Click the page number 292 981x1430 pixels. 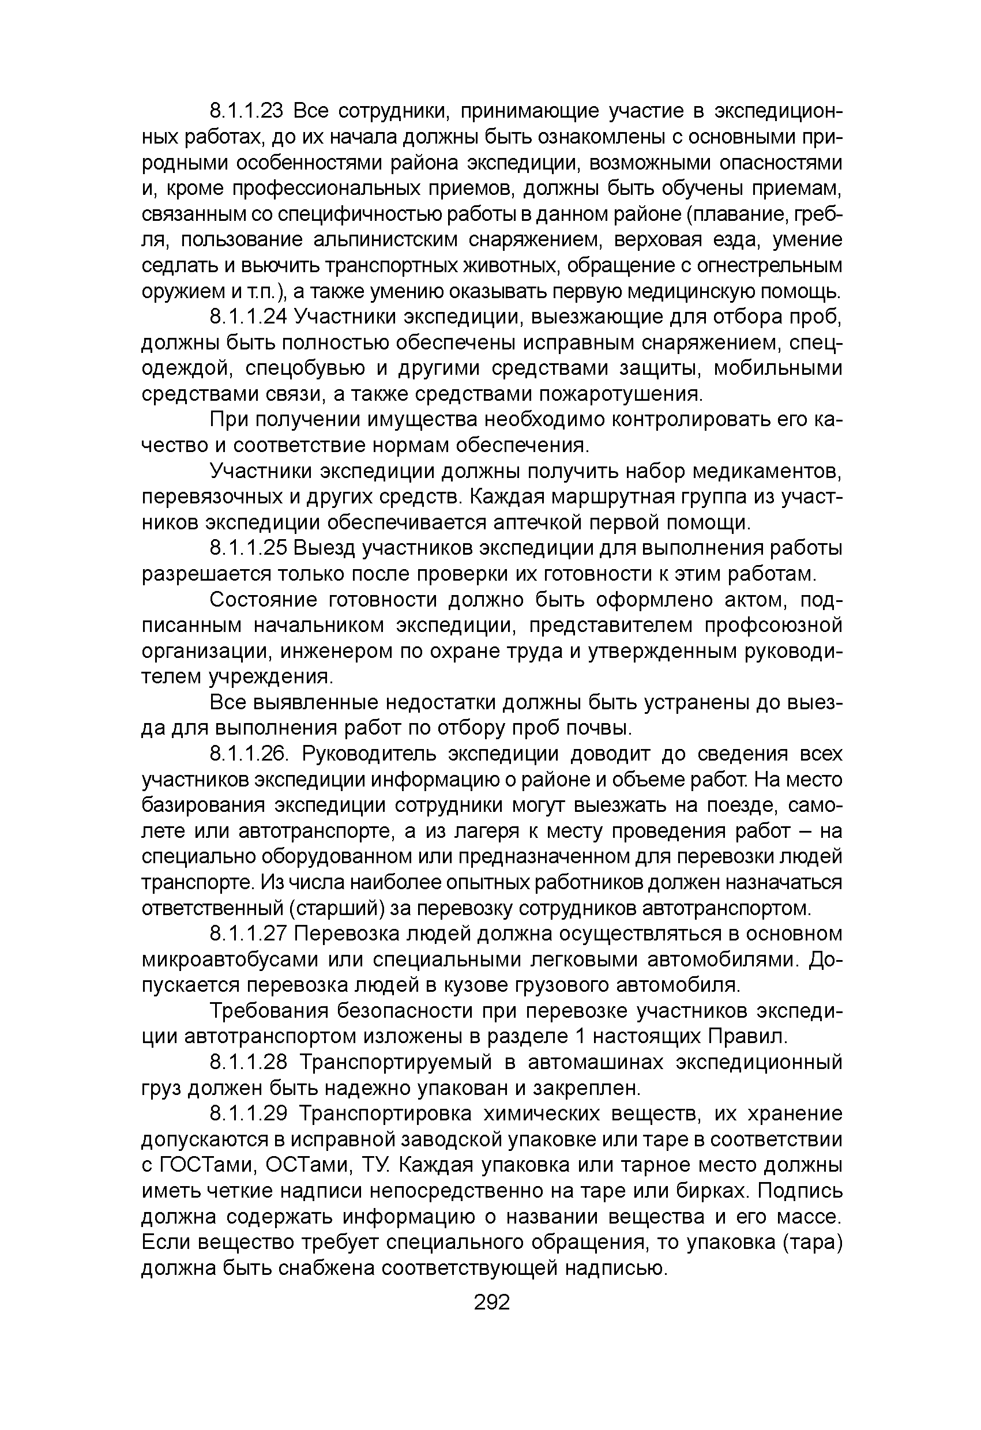[x=492, y=1302]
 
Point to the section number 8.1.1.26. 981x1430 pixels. [x=249, y=754]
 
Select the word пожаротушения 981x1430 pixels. [x=621, y=394]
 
